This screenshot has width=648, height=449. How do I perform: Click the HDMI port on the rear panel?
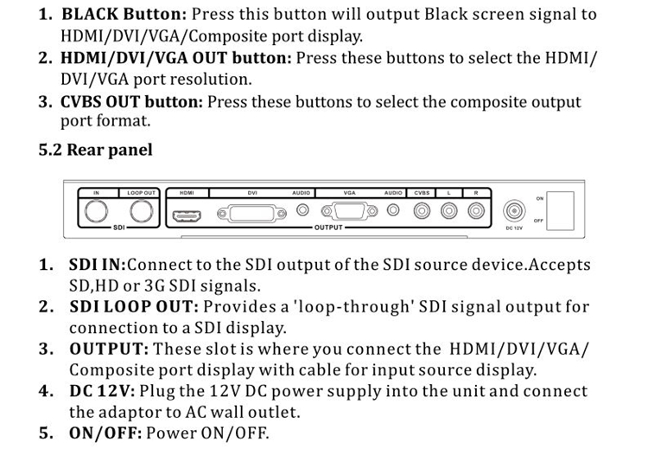187,215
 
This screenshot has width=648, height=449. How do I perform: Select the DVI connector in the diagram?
251,214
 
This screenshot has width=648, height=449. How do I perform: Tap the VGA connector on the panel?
349,211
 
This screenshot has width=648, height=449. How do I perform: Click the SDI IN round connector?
96,211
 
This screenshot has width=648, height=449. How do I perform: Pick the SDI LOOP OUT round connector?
142,211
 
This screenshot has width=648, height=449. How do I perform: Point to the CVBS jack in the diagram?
422,211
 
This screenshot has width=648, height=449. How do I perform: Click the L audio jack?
448,211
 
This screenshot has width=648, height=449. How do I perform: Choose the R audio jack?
476,211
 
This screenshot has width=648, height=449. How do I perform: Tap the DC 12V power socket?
514,211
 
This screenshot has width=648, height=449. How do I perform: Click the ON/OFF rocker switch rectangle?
560,210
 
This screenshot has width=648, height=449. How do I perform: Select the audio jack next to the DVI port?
302,210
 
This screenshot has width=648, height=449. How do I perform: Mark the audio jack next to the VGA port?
393,210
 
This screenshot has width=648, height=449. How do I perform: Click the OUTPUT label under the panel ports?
328,228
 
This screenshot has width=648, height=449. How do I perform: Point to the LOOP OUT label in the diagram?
142,193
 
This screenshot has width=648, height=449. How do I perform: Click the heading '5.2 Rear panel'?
95,150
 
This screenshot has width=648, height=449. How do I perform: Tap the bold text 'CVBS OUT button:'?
132,102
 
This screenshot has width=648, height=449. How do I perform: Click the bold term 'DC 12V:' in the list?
102,391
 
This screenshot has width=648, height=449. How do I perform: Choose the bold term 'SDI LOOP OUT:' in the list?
134,306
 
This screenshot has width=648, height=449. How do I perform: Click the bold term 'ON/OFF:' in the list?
105,433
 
